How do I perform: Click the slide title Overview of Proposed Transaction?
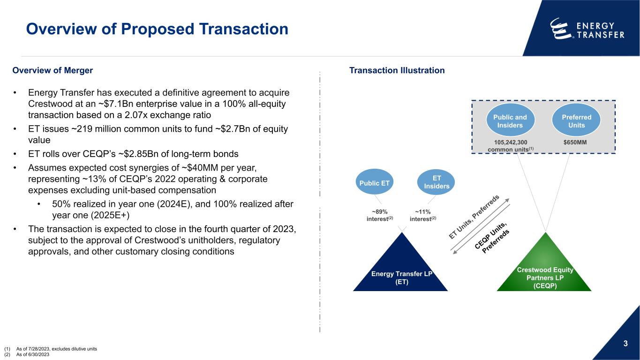157,30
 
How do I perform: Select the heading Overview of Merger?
53,71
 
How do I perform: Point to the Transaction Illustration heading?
397,71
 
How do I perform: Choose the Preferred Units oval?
576,121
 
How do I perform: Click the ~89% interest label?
380,216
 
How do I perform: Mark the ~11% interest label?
423,216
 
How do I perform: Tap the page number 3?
625,345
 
